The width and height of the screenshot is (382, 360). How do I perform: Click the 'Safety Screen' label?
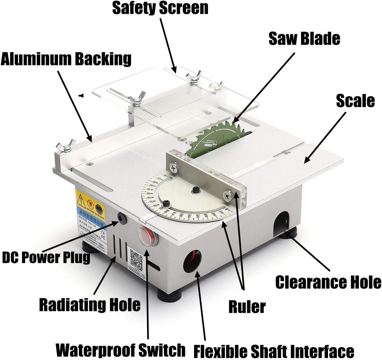[160, 9]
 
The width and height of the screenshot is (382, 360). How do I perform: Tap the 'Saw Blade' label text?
[304, 38]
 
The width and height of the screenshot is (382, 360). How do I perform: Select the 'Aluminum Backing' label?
[66, 59]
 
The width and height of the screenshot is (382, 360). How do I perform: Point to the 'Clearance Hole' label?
[328, 282]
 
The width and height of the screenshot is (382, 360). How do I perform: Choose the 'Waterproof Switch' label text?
[121, 350]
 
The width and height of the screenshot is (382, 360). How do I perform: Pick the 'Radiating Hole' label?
[90, 305]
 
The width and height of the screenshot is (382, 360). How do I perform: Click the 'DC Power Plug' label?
[46, 257]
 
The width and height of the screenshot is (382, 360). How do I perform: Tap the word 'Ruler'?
[247, 307]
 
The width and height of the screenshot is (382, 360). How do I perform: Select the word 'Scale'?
[355, 101]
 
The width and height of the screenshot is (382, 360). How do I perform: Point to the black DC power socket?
[121, 218]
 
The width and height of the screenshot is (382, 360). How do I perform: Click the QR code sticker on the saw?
[136, 259]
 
